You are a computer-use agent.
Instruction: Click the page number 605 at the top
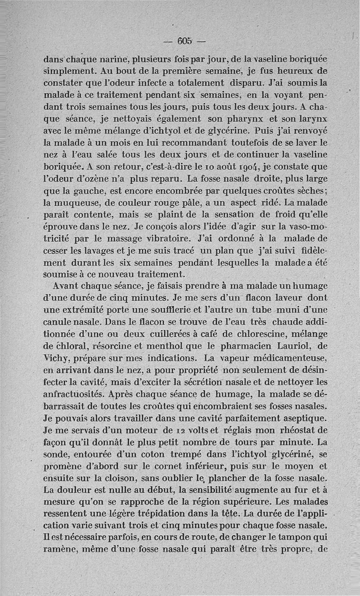tap(184, 39)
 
